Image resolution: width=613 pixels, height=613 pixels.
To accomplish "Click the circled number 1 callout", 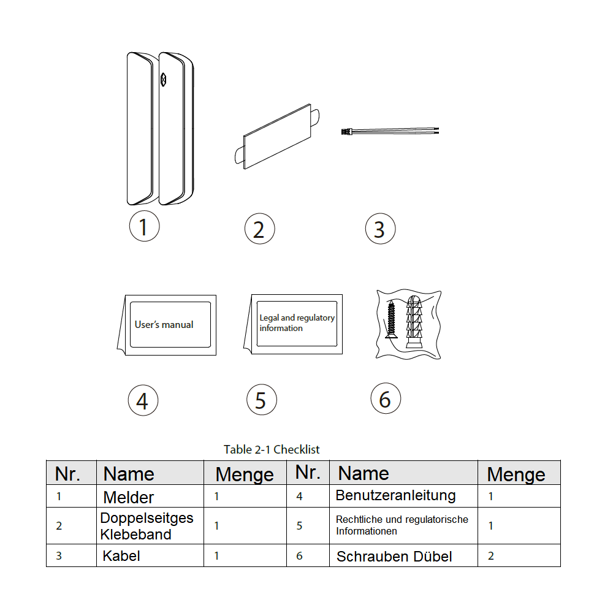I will coord(144,226).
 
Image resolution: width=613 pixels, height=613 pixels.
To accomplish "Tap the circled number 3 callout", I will coord(380,229).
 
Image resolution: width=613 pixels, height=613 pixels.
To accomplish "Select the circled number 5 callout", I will coord(261,400).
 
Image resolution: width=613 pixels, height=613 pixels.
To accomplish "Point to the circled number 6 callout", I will coord(386,399).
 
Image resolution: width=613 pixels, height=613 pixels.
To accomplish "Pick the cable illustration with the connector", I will coord(389,131).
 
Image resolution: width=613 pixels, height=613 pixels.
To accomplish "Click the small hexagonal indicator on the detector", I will coord(164,80).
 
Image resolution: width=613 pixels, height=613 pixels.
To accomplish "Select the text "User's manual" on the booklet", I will coord(164,324).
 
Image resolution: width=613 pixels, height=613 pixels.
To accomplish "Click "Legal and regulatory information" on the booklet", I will coord(297,323).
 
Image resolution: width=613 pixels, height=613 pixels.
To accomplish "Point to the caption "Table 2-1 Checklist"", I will coord(272,449).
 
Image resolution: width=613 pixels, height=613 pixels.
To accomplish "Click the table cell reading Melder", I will coord(129,497).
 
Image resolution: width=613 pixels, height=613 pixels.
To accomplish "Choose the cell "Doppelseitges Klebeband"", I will coord(147,526).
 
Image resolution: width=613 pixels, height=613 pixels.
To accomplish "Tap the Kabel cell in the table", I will coord(121,556).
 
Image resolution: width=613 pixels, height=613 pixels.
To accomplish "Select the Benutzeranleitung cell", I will coord(395,495).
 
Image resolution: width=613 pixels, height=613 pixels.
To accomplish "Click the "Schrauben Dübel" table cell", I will coord(394,557).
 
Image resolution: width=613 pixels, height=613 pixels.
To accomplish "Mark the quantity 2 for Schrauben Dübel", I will coord(491,556).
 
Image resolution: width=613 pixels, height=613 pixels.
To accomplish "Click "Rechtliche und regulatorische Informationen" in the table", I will coord(402,525).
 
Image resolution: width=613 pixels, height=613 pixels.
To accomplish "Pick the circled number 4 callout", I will coord(143,401).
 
